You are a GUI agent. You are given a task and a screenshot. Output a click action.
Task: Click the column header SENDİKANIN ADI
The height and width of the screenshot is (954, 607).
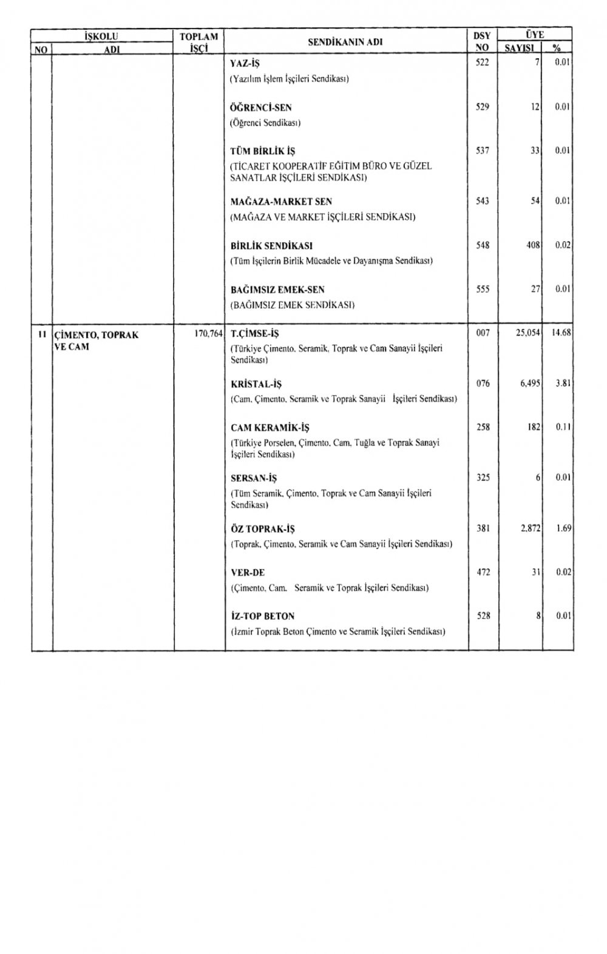345,43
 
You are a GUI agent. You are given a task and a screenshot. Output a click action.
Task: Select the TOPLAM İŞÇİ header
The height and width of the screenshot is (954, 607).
199,43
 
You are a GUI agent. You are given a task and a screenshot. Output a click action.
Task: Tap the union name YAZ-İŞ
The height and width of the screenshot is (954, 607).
245,63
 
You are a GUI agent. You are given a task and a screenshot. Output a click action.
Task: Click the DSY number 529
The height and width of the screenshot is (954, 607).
482,107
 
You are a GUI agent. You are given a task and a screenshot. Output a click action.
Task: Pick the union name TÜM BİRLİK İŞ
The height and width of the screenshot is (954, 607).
263,151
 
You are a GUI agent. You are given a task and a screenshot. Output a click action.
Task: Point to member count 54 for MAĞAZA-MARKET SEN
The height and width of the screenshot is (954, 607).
535,201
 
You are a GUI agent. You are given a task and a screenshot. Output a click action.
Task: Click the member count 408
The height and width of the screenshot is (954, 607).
532,245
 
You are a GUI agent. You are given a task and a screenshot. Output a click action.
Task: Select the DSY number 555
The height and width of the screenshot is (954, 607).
482,289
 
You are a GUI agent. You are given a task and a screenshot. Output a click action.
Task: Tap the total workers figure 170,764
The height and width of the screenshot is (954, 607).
208,334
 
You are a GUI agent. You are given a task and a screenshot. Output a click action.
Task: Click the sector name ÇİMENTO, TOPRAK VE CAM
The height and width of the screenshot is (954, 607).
97,341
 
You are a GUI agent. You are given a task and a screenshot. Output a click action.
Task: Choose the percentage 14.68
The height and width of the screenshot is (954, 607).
561,333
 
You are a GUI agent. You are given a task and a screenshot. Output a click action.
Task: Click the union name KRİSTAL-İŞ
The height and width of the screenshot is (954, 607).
256,384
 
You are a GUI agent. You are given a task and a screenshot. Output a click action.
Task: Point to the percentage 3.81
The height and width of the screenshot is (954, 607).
564,384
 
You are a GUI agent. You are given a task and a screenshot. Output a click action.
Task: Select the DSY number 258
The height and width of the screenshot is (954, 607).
483,428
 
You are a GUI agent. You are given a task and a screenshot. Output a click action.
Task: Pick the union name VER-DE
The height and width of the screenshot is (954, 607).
248,573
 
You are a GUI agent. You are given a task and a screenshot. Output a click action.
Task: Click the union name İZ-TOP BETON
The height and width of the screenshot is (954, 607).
262,616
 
